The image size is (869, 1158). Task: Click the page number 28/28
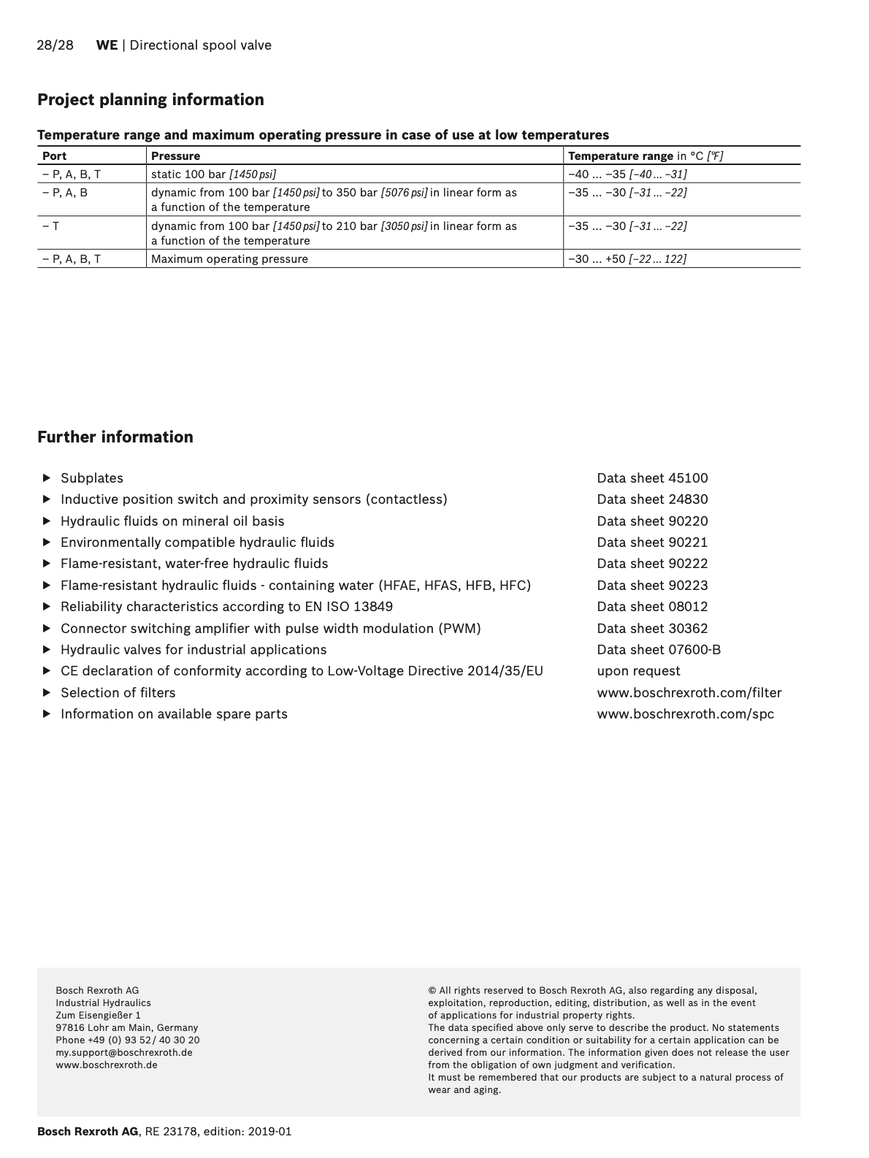[x=55, y=45]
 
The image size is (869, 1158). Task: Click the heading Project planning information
[x=150, y=100]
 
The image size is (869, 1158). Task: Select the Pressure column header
[x=175, y=156]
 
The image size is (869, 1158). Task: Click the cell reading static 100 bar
[x=213, y=175]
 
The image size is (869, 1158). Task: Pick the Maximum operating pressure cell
[x=229, y=259]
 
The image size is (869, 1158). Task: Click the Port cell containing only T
[x=51, y=226]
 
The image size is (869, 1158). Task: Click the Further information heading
[x=115, y=437]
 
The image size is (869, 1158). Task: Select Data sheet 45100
[x=652, y=478]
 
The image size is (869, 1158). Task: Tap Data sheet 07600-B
[x=659, y=650]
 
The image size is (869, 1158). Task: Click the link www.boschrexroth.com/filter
[x=689, y=693]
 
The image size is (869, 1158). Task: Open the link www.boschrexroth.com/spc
[x=685, y=714]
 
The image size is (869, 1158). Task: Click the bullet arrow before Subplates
[x=47, y=478]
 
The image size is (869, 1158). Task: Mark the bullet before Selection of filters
[x=47, y=693]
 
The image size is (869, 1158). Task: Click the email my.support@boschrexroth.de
[x=124, y=1053]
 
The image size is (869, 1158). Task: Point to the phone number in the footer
[x=128, y=1040]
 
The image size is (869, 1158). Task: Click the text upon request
[x=638, y=671]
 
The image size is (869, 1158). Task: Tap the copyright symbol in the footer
[x=432, y=991]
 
